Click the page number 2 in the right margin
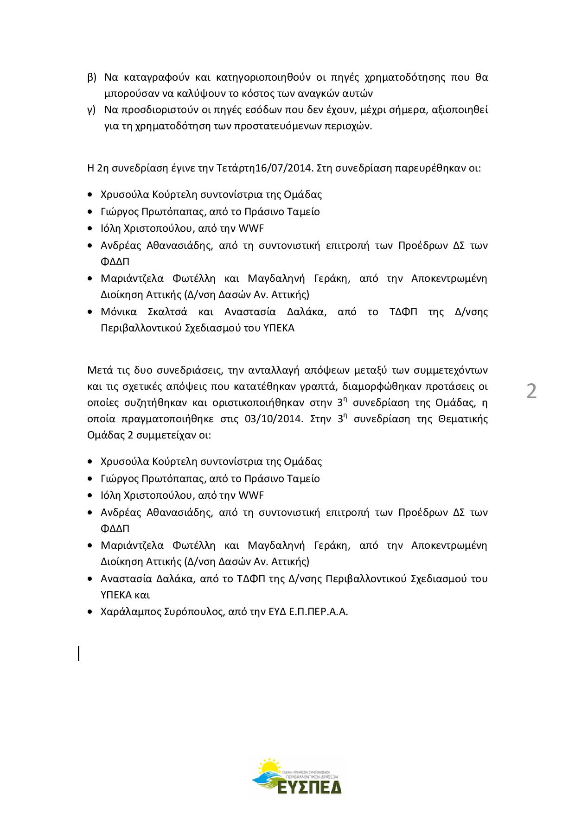pyautogui.click(x=531, y=392)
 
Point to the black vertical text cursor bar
pyautogui.click(x=79, y=653)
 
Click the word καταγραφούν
pyautogui.click(x=160, y=76)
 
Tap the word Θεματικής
pyautogui.click(x=462, y=419)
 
